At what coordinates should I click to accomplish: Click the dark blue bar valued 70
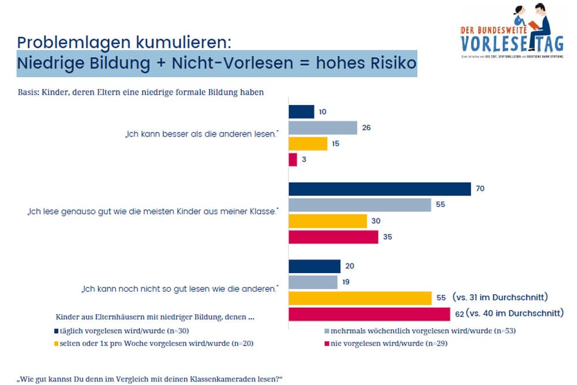point(380,189)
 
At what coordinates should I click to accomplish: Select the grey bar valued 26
point(323,127)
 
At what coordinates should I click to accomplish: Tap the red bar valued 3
point(293,160)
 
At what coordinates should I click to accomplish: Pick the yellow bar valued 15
point(308,144)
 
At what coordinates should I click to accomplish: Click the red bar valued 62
point(369,314)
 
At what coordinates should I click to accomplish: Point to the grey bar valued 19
point(313,282)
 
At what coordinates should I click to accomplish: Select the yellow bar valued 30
point(327,221)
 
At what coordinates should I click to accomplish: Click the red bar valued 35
point(333,237)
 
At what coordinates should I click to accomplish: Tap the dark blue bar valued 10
point(301,111)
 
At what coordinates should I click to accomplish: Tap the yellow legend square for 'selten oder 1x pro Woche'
point(56,344)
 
